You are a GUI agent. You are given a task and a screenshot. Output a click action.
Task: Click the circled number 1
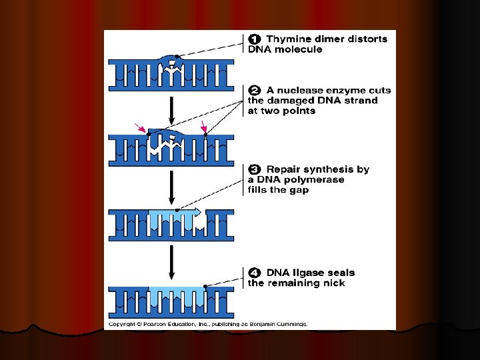point(255,39)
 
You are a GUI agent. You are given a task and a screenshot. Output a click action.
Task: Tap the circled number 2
point(255,90)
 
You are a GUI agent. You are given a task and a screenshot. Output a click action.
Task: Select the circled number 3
point(255,169)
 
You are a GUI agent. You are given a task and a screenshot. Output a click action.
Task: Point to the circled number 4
point(255,273)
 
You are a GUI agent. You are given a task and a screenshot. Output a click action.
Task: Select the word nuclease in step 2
point(300,91)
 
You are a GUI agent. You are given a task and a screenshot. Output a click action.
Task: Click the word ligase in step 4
point(307,273)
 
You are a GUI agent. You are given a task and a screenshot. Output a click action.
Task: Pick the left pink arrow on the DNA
point(140,128)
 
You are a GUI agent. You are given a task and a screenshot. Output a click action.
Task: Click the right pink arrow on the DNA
point(203,127)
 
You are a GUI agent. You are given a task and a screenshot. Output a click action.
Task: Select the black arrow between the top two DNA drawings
point(171,111)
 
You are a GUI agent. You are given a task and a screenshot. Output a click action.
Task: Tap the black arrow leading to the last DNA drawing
point(171,263)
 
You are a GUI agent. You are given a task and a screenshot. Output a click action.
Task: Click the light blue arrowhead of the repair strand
point(197,211)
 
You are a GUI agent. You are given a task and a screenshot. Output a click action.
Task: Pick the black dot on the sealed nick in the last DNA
point(205,287)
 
